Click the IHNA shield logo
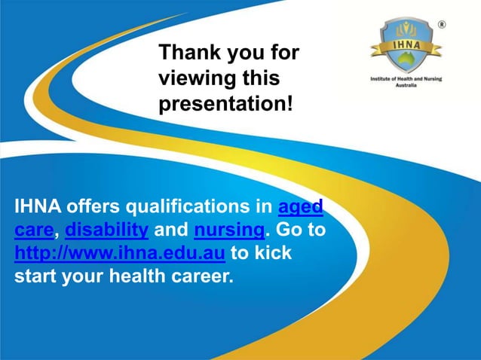[x=406, y=46]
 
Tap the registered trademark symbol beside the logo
[x=443, y=24]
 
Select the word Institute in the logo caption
[x=381, y=78]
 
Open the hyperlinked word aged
[x=302, y=206]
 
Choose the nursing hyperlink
[x=228, y=229]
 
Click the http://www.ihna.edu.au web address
[x=120, y=252]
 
